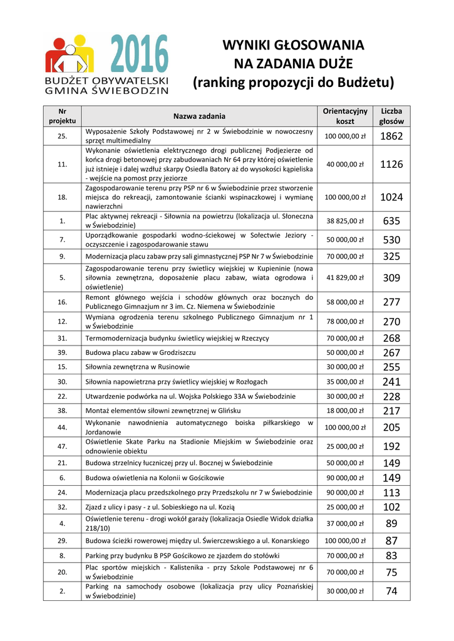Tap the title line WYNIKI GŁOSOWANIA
293,45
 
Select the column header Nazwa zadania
200,116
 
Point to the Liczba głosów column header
391,116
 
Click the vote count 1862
391,136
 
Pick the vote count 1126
391,165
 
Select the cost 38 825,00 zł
345,221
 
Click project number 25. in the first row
62,136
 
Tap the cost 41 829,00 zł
345,277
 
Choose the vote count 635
391,221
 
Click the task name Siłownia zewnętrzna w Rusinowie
138,367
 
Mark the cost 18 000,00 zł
345,411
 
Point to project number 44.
62,428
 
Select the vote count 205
391,428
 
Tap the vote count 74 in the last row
391,591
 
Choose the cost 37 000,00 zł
345,523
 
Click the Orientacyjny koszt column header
345,116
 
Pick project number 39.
62,352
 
